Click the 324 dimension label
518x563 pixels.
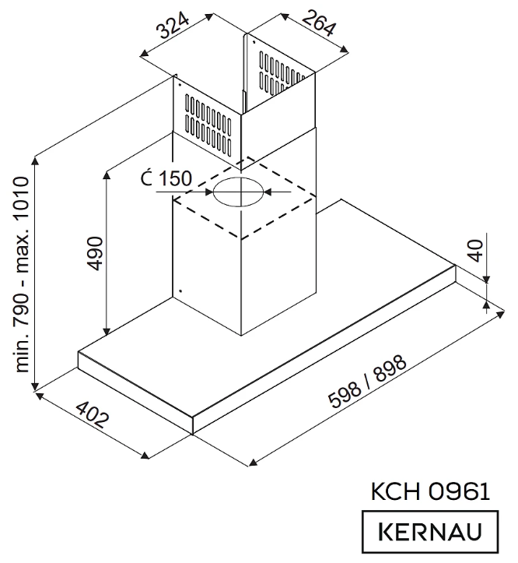175,30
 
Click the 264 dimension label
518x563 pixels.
317,25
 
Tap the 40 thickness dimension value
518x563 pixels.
475,252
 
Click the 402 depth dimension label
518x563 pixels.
91,420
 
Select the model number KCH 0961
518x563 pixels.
430,491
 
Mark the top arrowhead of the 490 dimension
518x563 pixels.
107,171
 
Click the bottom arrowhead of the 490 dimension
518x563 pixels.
107,327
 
